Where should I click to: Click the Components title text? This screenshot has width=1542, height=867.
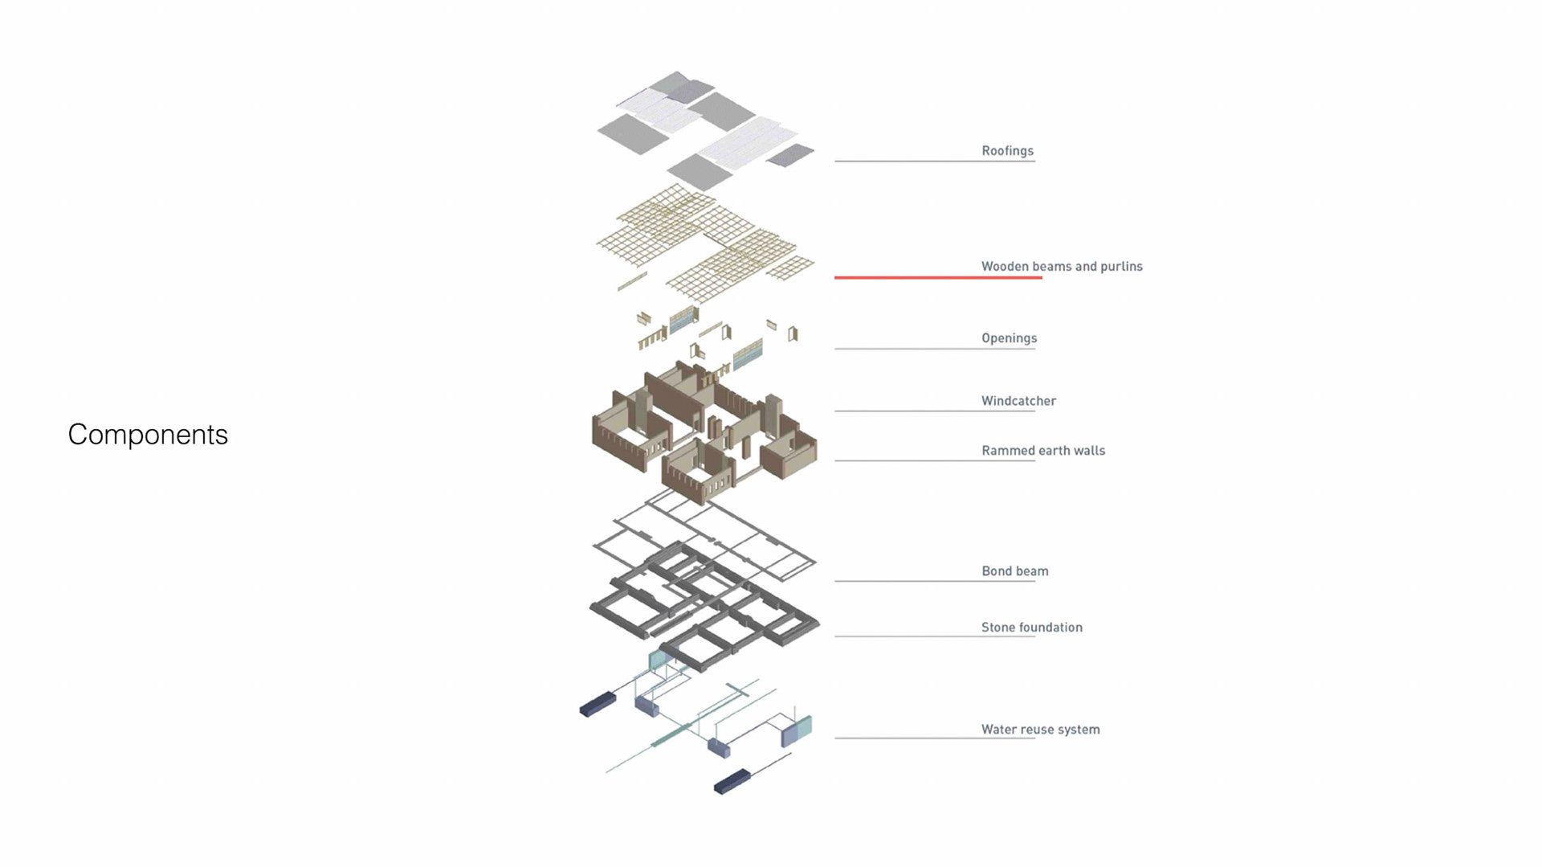click(x=148, y=435)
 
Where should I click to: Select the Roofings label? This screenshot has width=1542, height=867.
click(x=1007, y=151)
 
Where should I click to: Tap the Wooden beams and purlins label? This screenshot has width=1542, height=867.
click(x=1061, y=267)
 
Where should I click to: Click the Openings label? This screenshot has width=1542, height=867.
click(x=1009, y=338)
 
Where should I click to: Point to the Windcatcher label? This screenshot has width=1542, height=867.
click(x=1018, y=401)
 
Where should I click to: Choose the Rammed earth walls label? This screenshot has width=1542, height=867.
click(x=1042, y=451)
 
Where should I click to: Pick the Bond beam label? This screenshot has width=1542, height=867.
click(x=1014, y=571)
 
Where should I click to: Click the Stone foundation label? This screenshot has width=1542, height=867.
click(x=1031, y=628)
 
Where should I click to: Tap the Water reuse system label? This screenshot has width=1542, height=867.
click(x=1040, y=730)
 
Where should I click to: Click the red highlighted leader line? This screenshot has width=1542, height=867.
click(x=937, y=277)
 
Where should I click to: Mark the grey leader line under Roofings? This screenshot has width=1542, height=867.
click(x=934, y=162)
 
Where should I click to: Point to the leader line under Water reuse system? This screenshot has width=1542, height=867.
click(x=934, y=738)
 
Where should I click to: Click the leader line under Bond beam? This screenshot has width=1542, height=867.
click(x=934, y=581)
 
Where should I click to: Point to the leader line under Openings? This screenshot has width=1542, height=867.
click(x=934, y=349)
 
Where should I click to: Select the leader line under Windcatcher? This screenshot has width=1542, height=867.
click(x=934, y=411)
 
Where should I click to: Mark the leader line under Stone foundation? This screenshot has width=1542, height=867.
click(x=934, y=636)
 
